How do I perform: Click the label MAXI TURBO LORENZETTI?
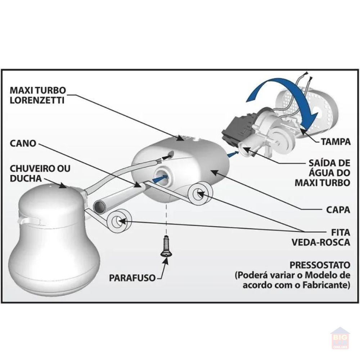[37, 94]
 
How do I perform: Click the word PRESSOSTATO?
[322, 265]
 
